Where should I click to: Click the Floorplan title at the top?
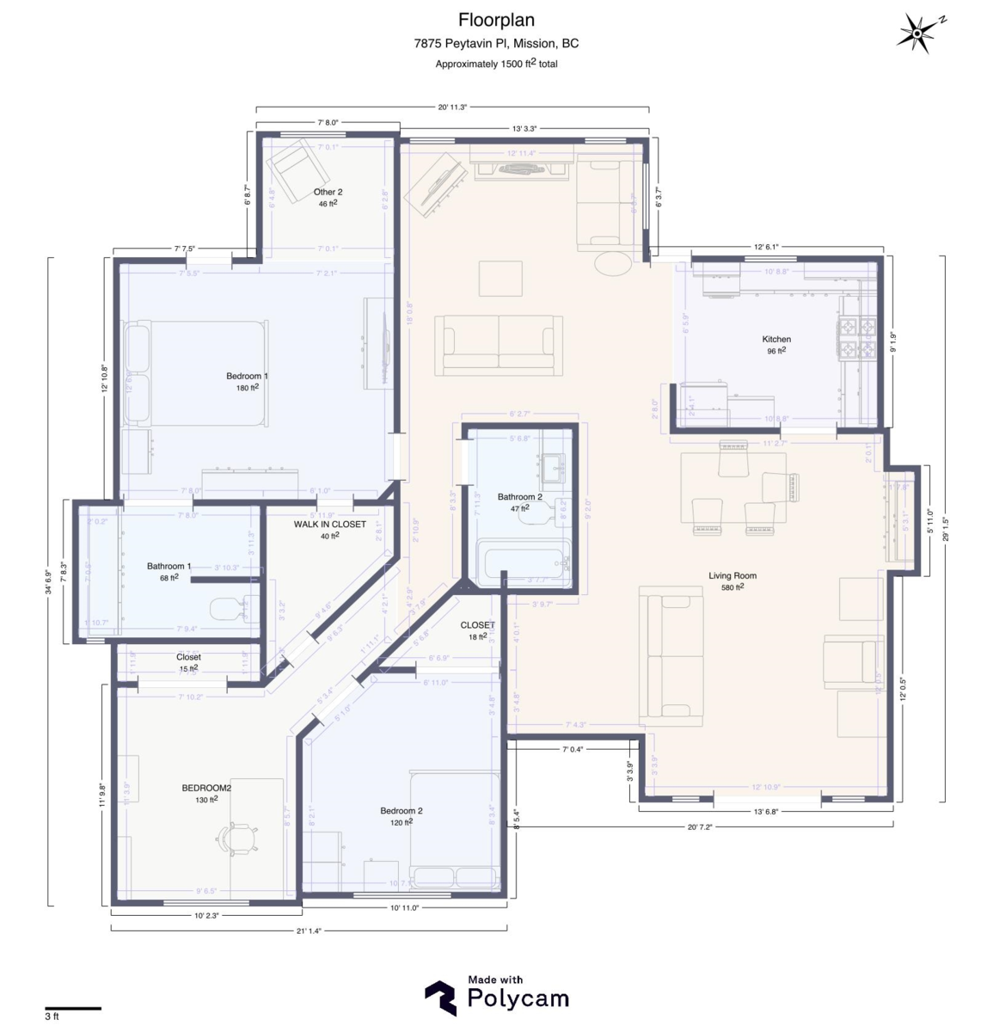pyautogui.click(x=496, y=20)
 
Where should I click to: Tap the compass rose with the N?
pyautogui.click(x=918, y=34)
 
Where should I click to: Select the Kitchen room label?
pyautogui.click(x=775, y=340)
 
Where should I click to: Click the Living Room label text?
pyautogui.click(x=732, y=576)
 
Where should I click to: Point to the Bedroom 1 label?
pyautogui.click(x=247, y=377)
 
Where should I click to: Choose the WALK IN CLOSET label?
pyautogui.click(x=329, y=525)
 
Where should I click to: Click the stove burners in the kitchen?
pyautogui.click(x=856, y=338)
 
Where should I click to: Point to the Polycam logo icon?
pyautogui.click(x=440, y=998)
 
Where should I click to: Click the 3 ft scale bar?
pyautogui.click(x=73, y=1008)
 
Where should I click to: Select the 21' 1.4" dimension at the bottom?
pyautogui.click(x=308, y=931)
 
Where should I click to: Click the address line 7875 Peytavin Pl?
pyautogui.click(x=496, y=43)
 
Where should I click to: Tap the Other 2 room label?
pyautogui.click(x=328, y=193)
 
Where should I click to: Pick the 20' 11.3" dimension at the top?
pyautogui.click(x=452, y=107)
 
